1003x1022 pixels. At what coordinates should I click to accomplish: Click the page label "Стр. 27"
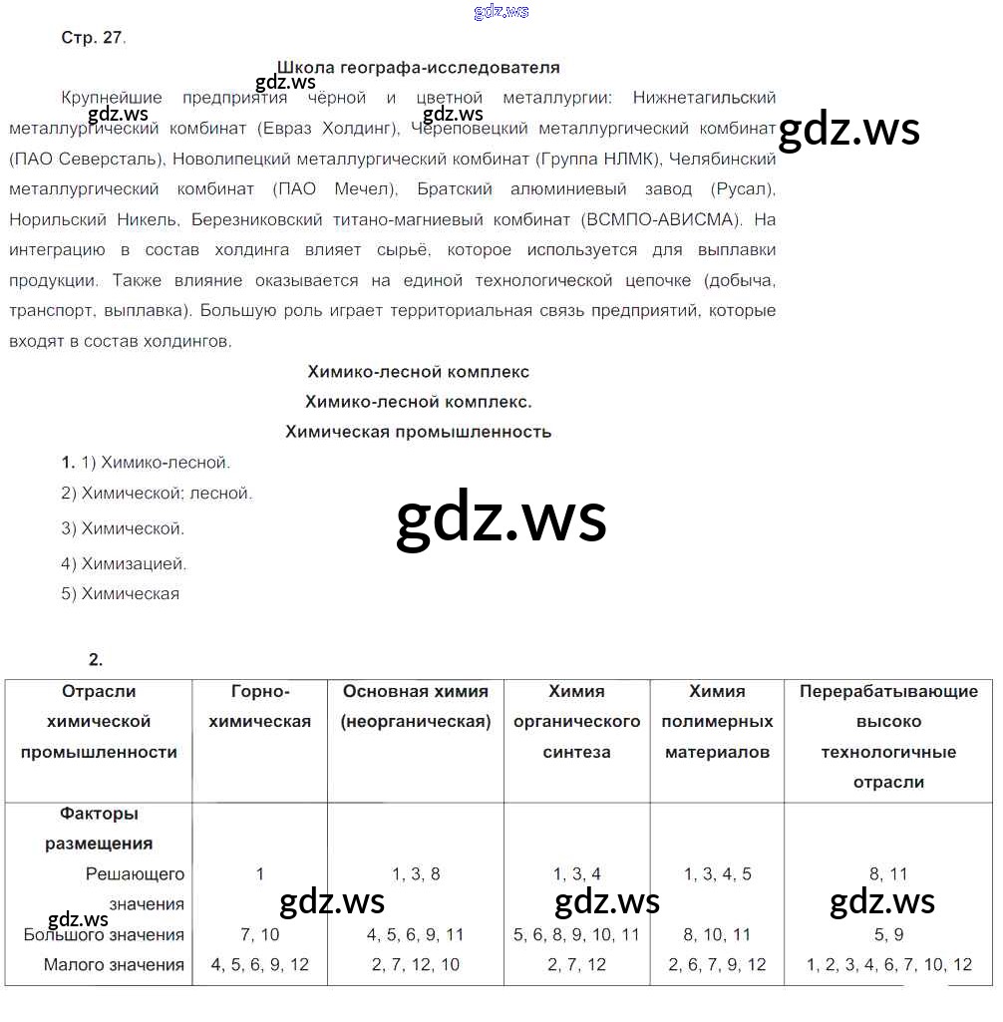pos(92,37)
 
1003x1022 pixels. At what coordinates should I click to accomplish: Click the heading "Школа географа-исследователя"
pos(418,68)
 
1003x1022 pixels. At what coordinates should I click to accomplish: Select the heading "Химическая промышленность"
pos(418,432)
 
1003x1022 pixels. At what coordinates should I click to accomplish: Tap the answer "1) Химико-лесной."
pos(146,463)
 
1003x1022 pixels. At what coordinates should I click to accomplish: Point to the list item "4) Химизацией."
pos(124,563)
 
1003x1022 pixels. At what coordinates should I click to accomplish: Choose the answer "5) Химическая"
pos(120,593)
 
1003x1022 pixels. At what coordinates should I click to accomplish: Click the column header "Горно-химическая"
pos(259,706)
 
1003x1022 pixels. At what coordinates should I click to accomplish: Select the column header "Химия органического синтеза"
pos(576,721)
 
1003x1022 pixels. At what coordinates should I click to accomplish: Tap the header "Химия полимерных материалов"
pos(717,721)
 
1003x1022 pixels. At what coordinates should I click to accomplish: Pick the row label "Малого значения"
pos(114,964)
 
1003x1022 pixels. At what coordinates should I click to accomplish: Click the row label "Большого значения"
pos(104,934)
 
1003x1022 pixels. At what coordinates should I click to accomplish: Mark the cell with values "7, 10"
pos(259,934)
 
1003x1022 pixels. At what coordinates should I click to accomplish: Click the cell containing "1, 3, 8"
pos(416,873)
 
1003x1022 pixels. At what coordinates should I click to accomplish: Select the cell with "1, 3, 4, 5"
pos(717,873)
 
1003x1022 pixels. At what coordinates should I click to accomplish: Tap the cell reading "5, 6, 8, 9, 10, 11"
pos(576,934)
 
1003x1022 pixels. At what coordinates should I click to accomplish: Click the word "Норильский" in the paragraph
pos(50,219)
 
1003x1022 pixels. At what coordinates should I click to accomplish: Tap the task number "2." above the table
pos(96,659)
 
